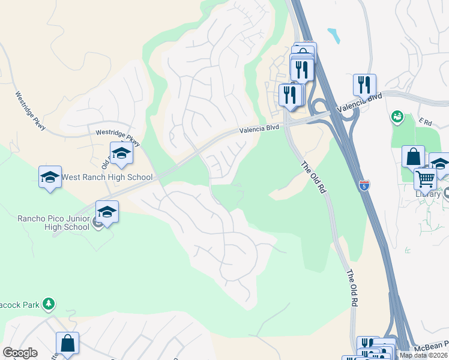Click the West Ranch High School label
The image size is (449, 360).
click(x=107, y=177)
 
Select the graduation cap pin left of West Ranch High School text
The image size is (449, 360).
click(x=50, y=177)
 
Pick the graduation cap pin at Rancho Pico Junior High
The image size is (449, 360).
click(x=107, y=212)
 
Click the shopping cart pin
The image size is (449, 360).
click(x=425, y=178)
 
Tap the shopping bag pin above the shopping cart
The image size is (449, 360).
click(x=413, y=157)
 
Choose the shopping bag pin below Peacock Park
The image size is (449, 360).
click(x=67, y=344)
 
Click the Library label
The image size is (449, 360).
click(x=427, y=194)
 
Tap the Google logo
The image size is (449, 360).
click(x=20, y=353)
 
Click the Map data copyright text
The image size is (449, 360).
click(x=424, y=355)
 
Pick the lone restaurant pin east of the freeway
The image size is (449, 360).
click(x=364, y=85)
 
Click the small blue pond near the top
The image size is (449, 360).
click(x=334, y=36)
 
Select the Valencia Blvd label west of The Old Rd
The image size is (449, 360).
click(x=259, y=128)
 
